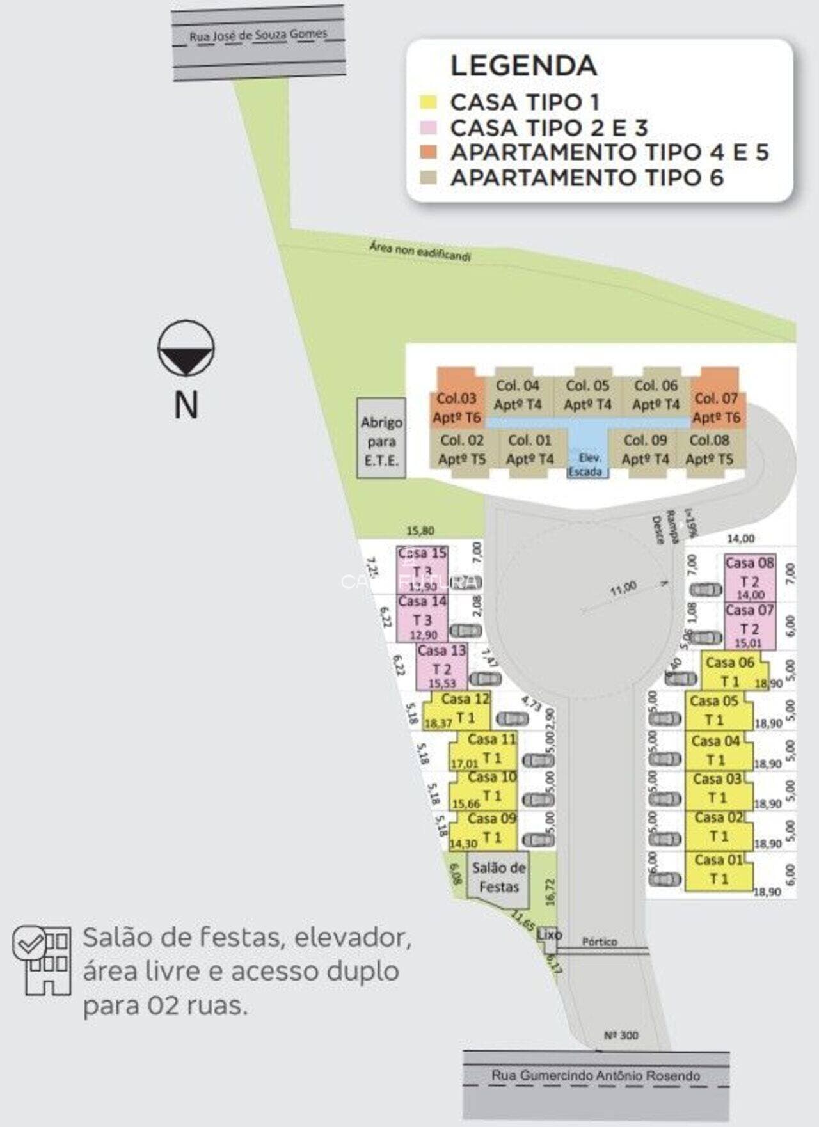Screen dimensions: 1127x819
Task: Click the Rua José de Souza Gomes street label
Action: click(x=258, y=35)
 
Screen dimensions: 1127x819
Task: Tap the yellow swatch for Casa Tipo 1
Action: click(x=428, y=102)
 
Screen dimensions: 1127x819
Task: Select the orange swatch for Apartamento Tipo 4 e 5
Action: click(x=428, y=152)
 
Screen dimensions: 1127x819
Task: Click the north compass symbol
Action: click(x=186, y=347)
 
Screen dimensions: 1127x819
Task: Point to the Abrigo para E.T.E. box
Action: click(x=381, y=441)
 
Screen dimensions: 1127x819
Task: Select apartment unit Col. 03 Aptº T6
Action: click(x=456, y=407)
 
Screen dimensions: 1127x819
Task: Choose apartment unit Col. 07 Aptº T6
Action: click(x=717, y=407)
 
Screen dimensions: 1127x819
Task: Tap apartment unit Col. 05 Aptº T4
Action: click(x=587, y=395)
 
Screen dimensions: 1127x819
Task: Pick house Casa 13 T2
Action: click(x=441, y=665)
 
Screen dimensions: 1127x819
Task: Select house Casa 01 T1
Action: click(x=719, y=870)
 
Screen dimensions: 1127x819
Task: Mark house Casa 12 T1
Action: click(x=463, y=709)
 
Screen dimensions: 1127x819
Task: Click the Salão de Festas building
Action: click(x=499, y=877)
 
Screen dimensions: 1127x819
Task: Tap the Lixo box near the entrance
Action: click(x=548, y=934)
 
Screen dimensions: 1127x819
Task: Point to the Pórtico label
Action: click(x=600, y=942)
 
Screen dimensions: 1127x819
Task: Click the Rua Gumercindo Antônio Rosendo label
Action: click(x=596, y=1075)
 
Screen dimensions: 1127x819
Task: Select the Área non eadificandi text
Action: click(x=420, y=251)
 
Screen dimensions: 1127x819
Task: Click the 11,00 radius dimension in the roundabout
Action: click(x=623, y=588)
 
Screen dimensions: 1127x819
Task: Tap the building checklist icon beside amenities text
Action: click(x=42, y=959)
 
